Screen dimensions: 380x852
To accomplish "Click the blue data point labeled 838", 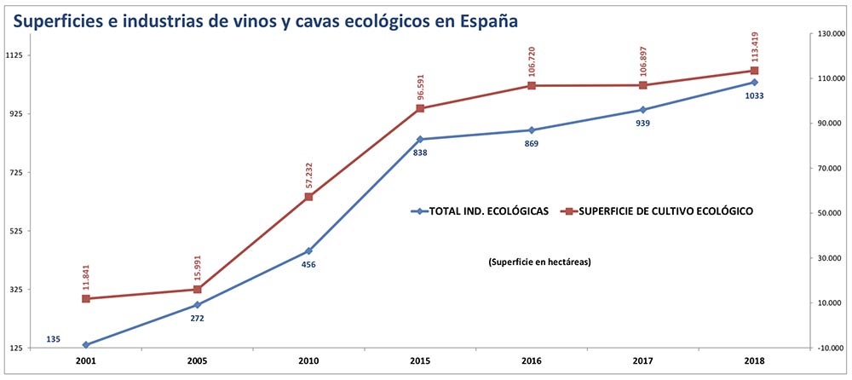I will coord(420,139).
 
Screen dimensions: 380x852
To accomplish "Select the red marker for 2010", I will coord(308,197).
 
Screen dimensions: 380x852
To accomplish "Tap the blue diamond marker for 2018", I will coord(754,82).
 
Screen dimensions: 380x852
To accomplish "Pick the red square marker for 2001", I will coord(86,298).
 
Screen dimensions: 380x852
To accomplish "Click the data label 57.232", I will coord(308,172).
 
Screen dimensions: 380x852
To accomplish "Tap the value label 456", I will coord(308,265).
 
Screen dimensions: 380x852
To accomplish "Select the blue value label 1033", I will coord(754,95).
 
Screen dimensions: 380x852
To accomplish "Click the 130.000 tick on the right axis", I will coord(828,33).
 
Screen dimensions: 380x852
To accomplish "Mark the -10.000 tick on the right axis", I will coord(828,348).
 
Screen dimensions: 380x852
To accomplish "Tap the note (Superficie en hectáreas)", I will coord(540,262).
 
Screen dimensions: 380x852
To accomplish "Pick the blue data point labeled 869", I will coord(532,130).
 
